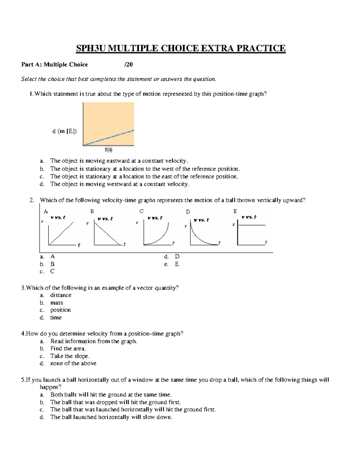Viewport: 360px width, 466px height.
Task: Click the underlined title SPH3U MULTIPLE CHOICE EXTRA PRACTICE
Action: pos(181,48)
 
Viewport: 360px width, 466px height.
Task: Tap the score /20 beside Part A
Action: pos(128,65)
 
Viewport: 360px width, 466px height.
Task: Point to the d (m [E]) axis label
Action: pos(64,131)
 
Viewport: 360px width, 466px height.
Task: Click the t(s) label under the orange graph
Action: pos(109,149)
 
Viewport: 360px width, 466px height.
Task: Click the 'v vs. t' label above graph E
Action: pos(249,217)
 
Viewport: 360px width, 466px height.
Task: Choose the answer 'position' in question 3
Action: pos(60,310)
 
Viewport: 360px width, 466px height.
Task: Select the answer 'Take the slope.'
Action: pos(70,356)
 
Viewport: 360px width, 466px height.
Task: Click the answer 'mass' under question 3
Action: pos(56,303)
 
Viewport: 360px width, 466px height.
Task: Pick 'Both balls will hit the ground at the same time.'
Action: pos(111,395)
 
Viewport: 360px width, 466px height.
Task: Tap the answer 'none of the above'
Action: pos(73,363)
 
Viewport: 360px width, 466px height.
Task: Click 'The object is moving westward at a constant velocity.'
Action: pos(120,184)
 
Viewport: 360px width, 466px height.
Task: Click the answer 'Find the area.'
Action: pos(68,349)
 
